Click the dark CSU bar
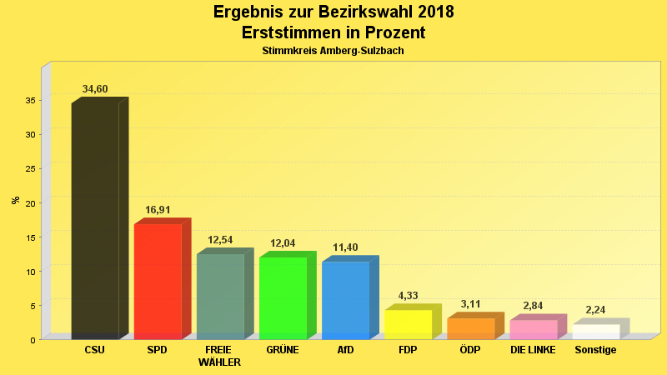(x=95, y=221)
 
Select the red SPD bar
(x=158, y=281)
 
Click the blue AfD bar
(x=345, y=300)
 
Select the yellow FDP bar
(x=408, y=324)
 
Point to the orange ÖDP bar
(x=470, y=328)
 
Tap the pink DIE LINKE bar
(x=534, y=329)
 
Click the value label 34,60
(x=95, y=89)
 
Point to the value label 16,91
(x=158, y=210)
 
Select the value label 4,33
(x=408, y=296)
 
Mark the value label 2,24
(x=596, y=310)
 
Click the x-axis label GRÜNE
(x=283, y=350)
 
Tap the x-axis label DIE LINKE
(x=534, y=350)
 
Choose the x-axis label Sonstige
(x=596, y=350)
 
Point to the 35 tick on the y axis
(x=29, y=100)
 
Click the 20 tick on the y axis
(x=29, y=202)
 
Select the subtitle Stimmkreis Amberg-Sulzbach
(x=333, y=51)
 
